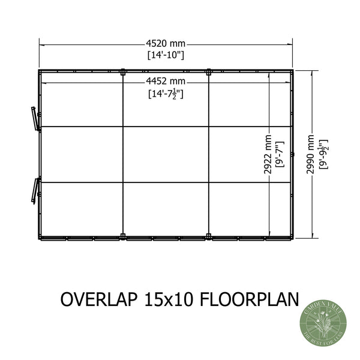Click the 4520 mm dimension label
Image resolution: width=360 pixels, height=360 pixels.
pyautogui.click(x=166, y=43)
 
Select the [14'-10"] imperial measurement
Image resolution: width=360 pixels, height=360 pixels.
pyautogui.click(x=166, y=55)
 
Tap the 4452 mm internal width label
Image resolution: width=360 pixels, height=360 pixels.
pyautogui.click(x=166, y=82)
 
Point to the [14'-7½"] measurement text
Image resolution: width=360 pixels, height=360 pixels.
pyautogui.click(x=166, y=94)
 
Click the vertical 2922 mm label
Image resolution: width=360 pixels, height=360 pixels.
pyautogui.click(x=268, y=154)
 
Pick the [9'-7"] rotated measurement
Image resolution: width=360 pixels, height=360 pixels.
pyautogui.click(x=278, y=154)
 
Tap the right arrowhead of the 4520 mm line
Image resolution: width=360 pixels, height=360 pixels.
pyautogui.click(x=292, y=43)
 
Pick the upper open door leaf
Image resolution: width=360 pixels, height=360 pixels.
pyautogui.click(x=34, y=117)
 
